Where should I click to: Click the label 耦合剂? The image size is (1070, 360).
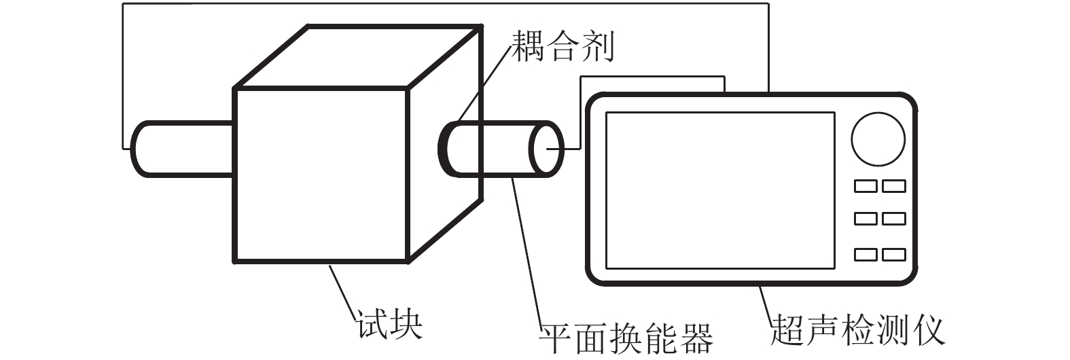[x=563, y=46]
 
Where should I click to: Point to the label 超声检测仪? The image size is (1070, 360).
[x=857, y=331]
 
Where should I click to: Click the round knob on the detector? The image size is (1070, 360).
[x=878, y=139]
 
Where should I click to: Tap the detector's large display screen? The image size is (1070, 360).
[x=720, y=190]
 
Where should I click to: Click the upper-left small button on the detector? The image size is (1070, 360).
[x=865, y=185]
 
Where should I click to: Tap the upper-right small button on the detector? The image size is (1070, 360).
[x=894, y=185]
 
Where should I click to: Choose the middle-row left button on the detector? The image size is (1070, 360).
[x=865, y=219]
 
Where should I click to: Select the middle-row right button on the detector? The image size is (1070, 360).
[x=894, y=219]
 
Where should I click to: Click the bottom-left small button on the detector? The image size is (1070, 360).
[x=865, y=255]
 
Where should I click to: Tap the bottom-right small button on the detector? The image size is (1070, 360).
[x=894, y=255]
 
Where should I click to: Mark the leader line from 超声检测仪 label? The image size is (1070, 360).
[x=765, y=306]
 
